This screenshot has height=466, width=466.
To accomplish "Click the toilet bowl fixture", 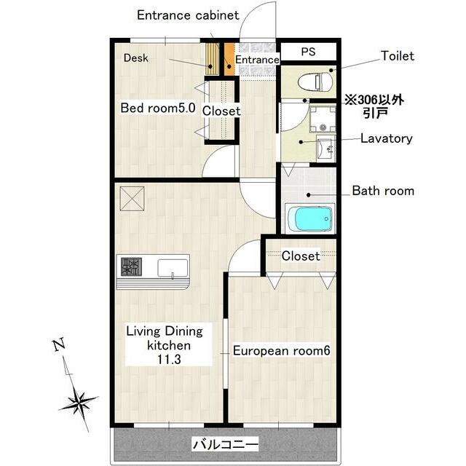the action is coord(315,82).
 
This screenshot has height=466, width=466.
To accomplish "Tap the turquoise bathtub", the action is coord(313,219).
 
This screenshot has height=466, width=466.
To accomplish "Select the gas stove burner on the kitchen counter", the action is coord(131,266).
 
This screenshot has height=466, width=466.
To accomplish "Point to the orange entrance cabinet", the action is coord(229,59).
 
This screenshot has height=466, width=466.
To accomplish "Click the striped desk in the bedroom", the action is coord(212,59).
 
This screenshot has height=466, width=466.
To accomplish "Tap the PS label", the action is coord(308,52).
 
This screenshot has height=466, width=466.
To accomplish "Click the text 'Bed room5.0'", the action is coord(158,108).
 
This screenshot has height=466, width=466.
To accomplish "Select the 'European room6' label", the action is coord(281,351).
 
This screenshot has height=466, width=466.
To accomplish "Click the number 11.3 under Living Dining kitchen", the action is coord(169,360).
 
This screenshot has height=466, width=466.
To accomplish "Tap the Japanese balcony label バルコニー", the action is coord(226,445).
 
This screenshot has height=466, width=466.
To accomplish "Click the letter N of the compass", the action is coord(59,344).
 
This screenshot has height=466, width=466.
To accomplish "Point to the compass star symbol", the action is coord(79,403).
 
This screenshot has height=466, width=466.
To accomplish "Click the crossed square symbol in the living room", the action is coord(132,199).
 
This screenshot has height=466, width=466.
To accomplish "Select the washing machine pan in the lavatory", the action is coord(323,119).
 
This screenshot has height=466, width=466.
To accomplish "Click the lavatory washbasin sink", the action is coord(326,148).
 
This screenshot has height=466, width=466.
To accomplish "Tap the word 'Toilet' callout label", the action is coord(398,56).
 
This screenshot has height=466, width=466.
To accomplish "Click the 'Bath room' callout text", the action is coord(383,191).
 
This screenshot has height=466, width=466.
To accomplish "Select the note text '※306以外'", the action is coord(374,100).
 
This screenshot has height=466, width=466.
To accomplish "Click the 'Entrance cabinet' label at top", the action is coord(188,15).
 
